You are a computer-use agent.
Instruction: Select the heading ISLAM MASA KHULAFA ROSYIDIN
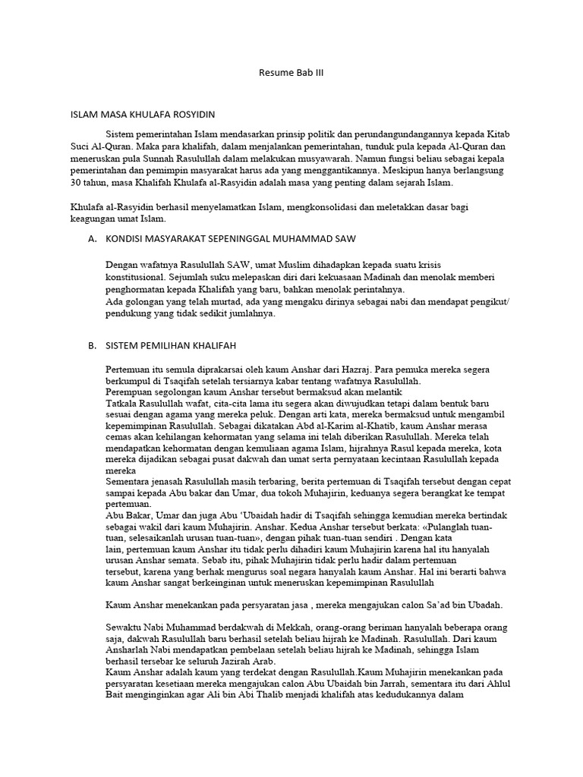(143, 115)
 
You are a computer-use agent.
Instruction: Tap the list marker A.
(92, 239)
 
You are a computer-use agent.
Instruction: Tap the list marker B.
(92, 345)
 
